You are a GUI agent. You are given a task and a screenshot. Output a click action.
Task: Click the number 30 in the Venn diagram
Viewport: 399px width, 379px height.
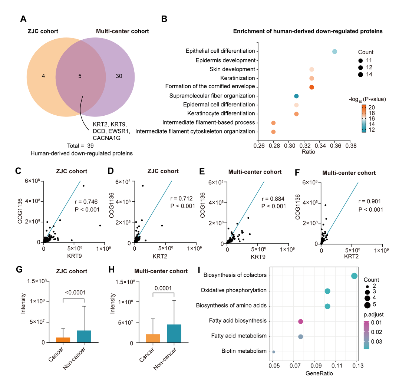119,76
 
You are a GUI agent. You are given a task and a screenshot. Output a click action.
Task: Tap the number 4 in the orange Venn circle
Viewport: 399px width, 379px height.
43,76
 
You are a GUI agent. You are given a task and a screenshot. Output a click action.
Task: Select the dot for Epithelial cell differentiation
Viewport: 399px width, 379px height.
334,52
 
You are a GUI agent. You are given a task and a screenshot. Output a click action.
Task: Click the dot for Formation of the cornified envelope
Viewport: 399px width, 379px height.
311,87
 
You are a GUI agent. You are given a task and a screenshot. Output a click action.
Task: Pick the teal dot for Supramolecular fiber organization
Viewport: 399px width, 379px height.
296,96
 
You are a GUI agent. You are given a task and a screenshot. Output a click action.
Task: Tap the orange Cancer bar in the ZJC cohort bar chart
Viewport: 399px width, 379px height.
63,340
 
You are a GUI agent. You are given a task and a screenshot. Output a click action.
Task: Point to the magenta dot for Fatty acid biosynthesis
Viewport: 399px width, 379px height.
301,322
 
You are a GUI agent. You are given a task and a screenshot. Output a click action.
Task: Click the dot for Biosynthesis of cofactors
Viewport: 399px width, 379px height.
354,276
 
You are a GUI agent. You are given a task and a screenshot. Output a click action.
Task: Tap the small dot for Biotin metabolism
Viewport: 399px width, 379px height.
274,352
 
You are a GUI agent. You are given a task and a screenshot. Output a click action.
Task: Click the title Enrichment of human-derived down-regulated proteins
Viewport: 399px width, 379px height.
308,31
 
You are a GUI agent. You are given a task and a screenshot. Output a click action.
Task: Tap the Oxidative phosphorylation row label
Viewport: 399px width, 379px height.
234,290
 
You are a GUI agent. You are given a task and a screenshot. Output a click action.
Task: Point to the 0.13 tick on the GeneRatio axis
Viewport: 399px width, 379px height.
356,366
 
